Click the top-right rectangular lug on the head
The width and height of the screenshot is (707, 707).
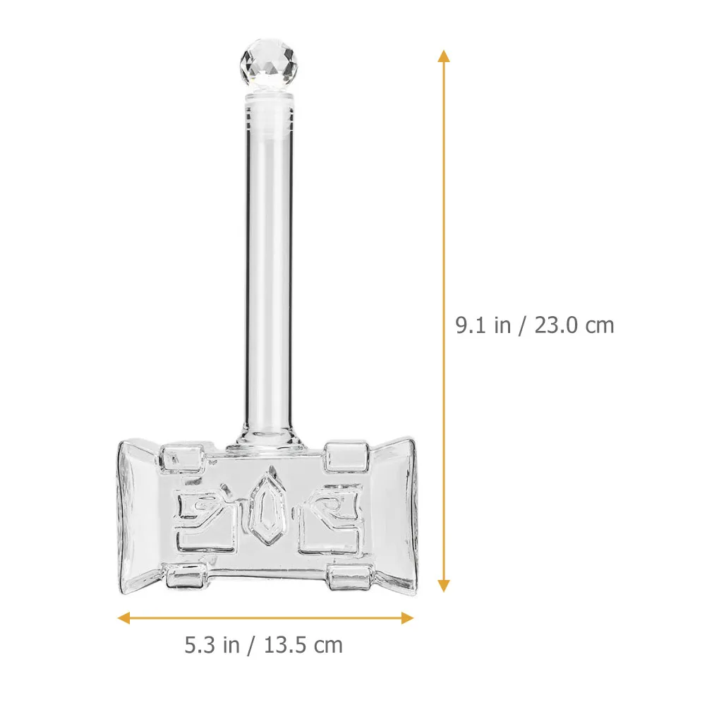(347, 457)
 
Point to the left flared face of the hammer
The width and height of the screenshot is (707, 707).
(138, 519)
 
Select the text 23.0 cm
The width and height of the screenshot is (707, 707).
(575, 325)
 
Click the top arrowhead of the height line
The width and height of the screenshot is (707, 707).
(443, 56)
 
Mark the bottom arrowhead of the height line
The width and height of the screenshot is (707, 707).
(443, 585)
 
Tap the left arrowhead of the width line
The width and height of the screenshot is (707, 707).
(123, 618)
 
